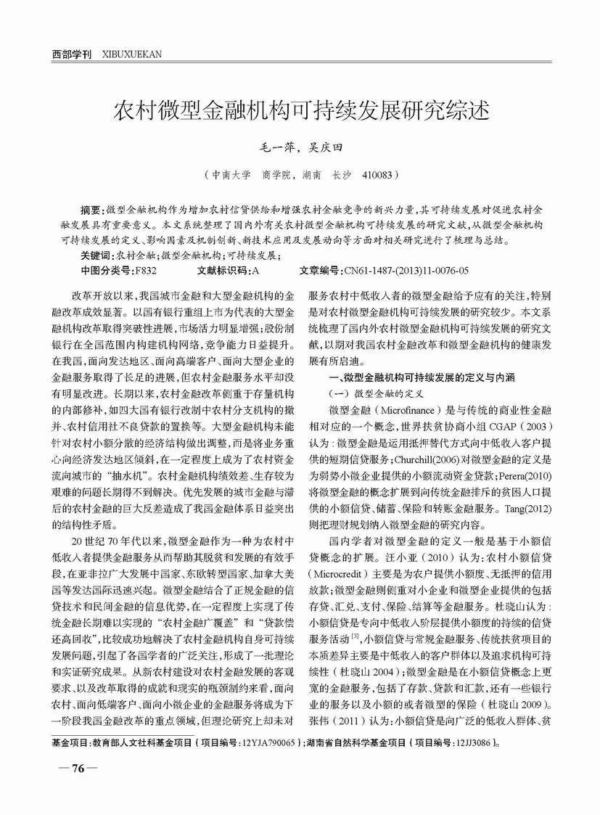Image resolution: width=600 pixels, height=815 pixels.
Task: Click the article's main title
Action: [299, 110]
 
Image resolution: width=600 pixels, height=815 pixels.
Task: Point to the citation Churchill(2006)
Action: [430, 459]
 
